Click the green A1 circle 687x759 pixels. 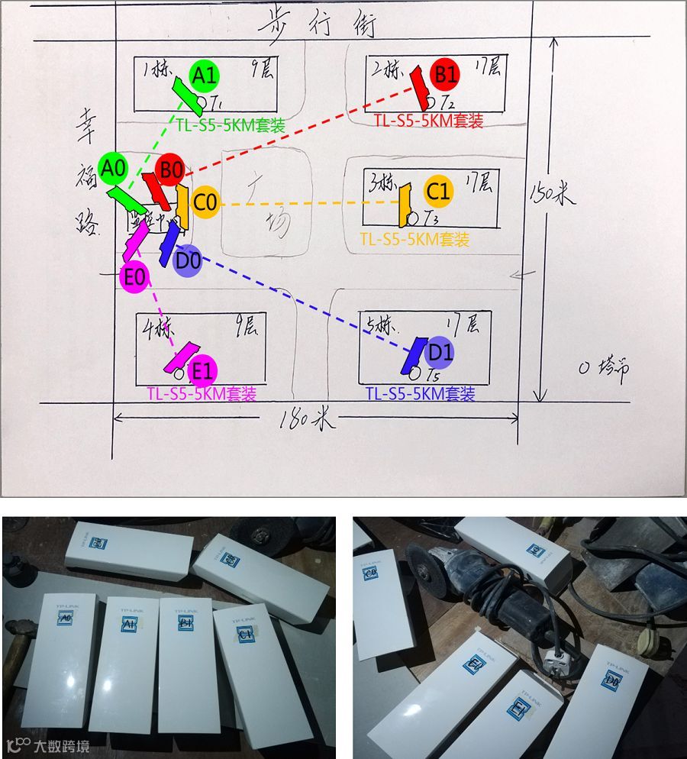coord(204,75)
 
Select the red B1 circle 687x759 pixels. coord(446,74)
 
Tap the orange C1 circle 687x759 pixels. coord(438,190)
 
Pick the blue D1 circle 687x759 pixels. coord(440,353)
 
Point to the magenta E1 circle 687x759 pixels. coord(202,372)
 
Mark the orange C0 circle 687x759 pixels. coord(205,203)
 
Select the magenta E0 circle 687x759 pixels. coord(134,278)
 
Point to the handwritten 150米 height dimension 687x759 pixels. coord(552,194)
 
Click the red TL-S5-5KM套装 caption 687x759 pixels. coord(428,121)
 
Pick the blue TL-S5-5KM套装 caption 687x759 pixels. coord(420,394)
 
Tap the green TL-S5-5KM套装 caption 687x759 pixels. coord(230,126)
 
